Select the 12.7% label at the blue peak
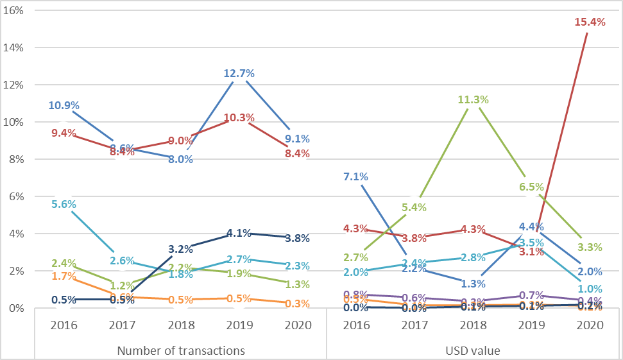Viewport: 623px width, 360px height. [x=239, y=73]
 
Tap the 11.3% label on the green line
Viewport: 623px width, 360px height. [x=473, y=99]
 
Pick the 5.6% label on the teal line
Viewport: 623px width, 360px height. [x=64, y=204]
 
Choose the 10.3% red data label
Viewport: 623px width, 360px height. [x=239, y=117]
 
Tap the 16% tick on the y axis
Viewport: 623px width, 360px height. [x=15, y=11]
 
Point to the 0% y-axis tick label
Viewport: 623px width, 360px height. [x=17, y=308]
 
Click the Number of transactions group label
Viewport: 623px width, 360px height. [x=180, y=350]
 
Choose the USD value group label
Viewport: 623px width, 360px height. [x=474, y=350]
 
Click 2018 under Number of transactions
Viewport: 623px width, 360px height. [x=180, y=325]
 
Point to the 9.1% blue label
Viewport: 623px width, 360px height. [x=298, y=138]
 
